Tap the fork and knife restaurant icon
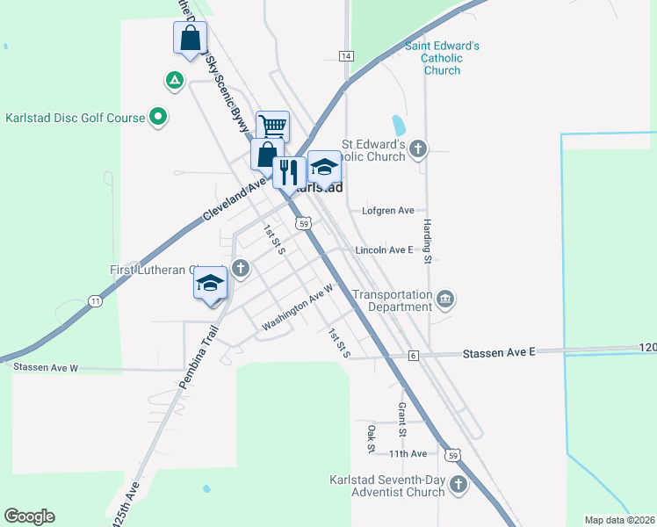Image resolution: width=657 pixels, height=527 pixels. point(289,171)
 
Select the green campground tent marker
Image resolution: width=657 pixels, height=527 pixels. point(174,82)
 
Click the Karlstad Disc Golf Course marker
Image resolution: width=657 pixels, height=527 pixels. point(158,117)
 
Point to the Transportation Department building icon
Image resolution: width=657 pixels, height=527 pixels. point(445,300)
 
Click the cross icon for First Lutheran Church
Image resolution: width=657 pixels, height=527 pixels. point(241,267)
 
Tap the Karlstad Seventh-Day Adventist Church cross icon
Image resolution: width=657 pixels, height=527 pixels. point(458,485)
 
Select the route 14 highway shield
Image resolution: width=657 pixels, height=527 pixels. point(346,56)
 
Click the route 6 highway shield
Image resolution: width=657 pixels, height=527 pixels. point(413,355)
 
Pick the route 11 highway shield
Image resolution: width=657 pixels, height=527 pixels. point(94,300)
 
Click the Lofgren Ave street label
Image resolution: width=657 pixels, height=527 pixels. point(387,211)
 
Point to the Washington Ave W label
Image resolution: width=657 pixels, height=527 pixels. point(298,307)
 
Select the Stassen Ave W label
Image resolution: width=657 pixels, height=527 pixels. point(45,367)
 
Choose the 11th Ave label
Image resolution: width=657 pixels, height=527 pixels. point(408,453)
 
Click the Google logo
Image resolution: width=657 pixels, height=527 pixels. point(29,516)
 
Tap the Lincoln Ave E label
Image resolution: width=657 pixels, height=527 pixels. point(384,250)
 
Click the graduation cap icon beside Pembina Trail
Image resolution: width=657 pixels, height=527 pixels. point(211,284)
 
